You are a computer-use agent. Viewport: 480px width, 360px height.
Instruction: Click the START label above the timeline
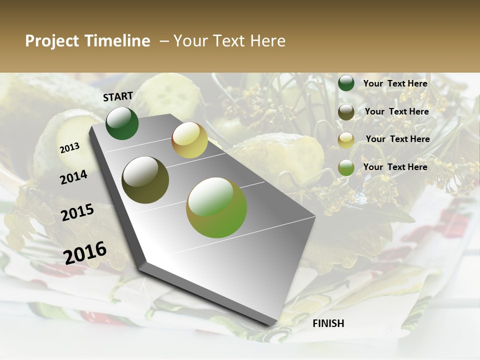coord(118,96)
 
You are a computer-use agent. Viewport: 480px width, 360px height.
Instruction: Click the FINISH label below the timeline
coord(328,323)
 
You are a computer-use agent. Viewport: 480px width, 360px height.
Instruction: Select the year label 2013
coord(69,148)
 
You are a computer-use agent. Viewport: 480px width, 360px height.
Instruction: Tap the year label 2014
coord(73,177)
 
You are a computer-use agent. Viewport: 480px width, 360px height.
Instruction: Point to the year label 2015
coord(77,212)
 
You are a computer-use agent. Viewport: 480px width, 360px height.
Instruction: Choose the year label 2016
coord(85,252)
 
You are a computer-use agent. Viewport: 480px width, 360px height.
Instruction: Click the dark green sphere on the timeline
coord(122,123)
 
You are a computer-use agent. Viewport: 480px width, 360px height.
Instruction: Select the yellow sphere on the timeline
coord(189,140)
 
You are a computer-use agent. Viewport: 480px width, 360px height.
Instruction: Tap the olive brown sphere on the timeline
coord(145,180)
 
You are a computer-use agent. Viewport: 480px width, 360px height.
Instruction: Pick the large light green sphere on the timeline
coord(216,207)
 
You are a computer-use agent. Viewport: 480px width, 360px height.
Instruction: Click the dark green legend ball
coord(346,83)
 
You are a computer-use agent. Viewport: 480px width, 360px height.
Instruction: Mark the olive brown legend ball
coord(346,112)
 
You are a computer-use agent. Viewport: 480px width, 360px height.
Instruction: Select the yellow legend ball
coord(346,140)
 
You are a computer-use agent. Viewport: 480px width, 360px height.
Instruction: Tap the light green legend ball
coord(346,167)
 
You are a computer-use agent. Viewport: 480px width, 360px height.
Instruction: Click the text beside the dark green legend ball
coord(395,83)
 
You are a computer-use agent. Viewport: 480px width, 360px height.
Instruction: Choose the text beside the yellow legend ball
coord(397,139)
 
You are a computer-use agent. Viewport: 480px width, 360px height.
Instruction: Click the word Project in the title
coord(52,41)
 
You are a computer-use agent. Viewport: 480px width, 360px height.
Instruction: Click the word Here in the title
coord(267,41)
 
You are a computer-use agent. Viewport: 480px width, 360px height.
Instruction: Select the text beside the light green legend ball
coord(395,167)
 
